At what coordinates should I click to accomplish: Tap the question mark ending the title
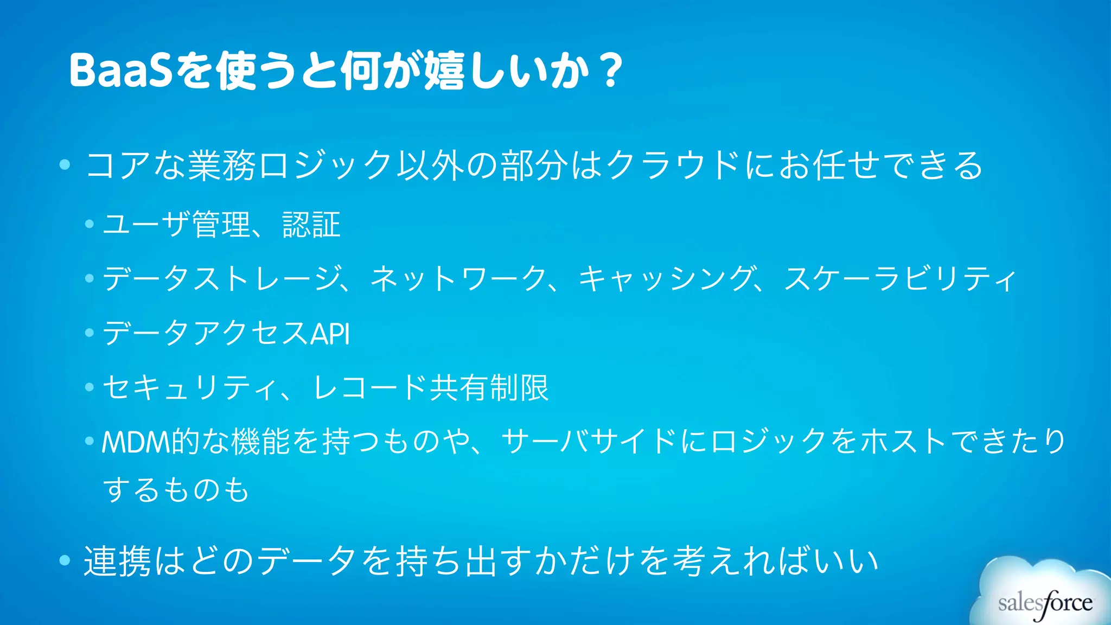click(612, 70)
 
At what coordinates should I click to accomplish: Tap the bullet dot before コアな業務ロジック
click(65, 164)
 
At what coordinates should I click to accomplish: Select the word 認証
click(311, 225)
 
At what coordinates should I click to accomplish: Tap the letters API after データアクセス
click(330, 333)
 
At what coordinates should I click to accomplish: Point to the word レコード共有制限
click(431, 387)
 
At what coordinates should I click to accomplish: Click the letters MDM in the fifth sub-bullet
click(136, 442)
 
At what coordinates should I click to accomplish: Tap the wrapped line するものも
click(176, 489)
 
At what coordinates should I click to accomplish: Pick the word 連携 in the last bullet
click(117, 561)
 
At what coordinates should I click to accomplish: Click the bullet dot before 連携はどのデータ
click(65, 560)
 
